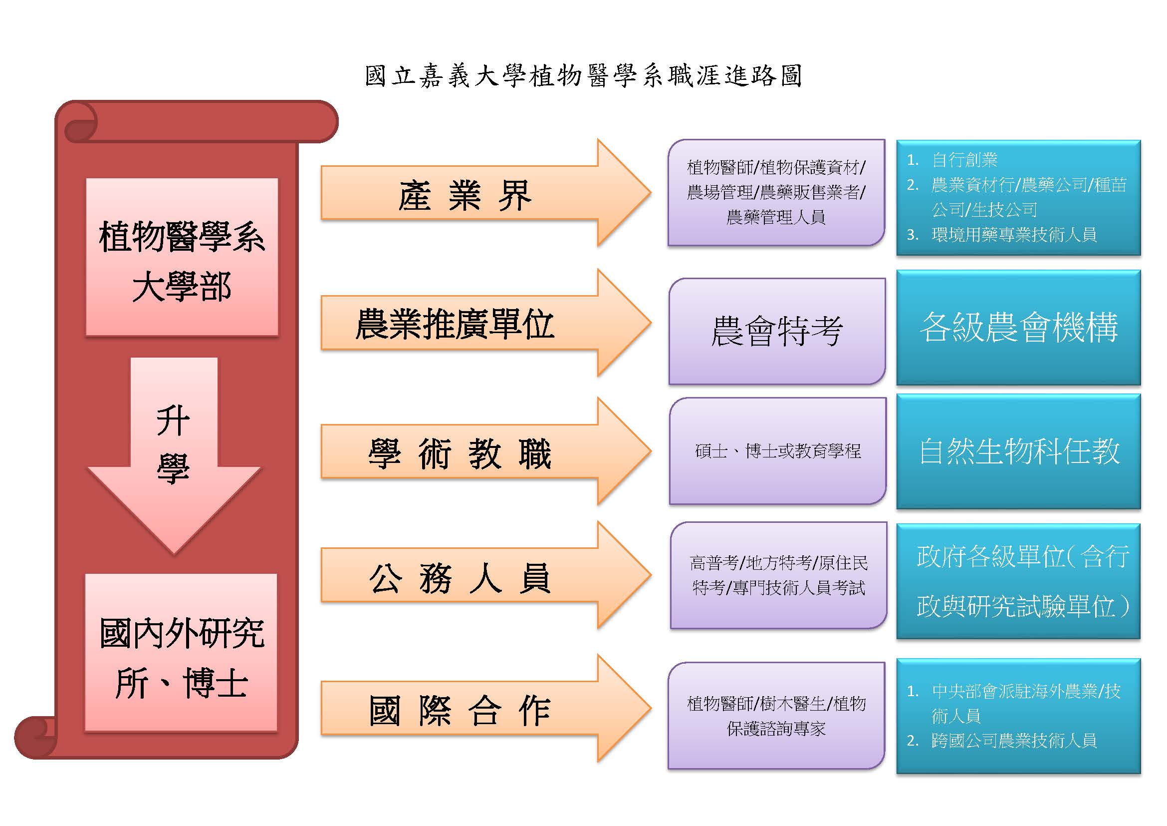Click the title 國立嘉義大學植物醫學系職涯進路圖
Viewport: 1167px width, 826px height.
[584, 76]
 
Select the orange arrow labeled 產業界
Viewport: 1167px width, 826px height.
[486, 193]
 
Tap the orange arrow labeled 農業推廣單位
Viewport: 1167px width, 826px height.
[486, 323]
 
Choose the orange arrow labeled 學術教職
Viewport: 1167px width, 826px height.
[486, 451]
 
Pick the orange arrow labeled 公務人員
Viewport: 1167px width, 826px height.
[486, 575]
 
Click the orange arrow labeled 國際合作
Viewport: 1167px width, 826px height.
[486, 709]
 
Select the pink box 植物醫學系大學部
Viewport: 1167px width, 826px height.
[182, 257]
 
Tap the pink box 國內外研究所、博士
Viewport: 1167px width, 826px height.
[181, 653]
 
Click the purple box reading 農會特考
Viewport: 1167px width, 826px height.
[777, 331]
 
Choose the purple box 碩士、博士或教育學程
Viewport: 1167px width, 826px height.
[778, 451]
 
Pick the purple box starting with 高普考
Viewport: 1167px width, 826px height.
[779, 575]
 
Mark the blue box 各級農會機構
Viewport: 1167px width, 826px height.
[1019, 328]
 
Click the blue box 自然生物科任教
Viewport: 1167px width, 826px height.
[1019, 451]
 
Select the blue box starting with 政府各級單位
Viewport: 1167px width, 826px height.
[1019, 581]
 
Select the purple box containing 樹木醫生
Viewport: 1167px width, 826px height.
[777, 716]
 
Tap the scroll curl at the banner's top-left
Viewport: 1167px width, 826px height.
[79, 122]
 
